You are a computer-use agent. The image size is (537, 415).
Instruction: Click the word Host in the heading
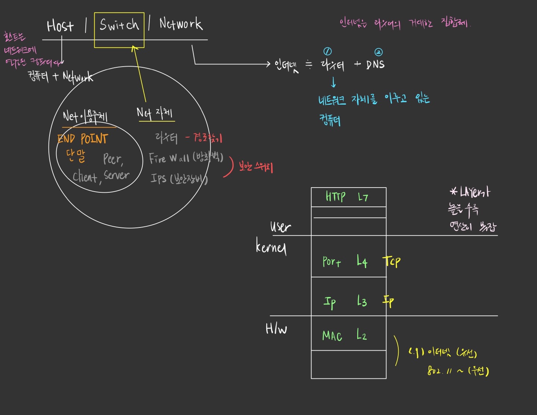coord(60,26)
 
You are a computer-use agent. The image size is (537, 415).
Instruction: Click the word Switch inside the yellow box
coord(119,25)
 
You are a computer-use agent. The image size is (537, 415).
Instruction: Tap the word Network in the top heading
coord(181,24)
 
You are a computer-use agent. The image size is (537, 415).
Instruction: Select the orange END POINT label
coord(83,139)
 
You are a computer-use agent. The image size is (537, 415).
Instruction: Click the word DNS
coord(375,65)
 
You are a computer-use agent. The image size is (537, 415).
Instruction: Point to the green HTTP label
coord(335,196)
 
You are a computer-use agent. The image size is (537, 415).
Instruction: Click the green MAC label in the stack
coord(332,336)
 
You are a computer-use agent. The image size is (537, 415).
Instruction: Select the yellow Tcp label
coord(392,261)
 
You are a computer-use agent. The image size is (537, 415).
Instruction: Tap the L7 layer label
coord(363,197)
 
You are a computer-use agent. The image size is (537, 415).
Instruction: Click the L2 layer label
coord(362,334)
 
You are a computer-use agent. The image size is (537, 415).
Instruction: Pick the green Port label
coord(332,262)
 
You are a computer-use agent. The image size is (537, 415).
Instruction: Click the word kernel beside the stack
coord(271,246)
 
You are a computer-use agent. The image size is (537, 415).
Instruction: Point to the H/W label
coord(276,328)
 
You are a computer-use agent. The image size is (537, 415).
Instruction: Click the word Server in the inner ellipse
coord(117,175)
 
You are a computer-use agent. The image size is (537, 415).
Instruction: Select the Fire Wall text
coord(169,158)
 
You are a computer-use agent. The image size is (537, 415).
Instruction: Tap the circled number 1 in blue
coord(327,51)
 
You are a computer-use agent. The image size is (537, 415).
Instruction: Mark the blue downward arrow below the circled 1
coord(333,82)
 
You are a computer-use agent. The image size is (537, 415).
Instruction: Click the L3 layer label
coord(362,301)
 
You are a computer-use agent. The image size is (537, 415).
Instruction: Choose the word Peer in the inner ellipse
coord(113,159)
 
